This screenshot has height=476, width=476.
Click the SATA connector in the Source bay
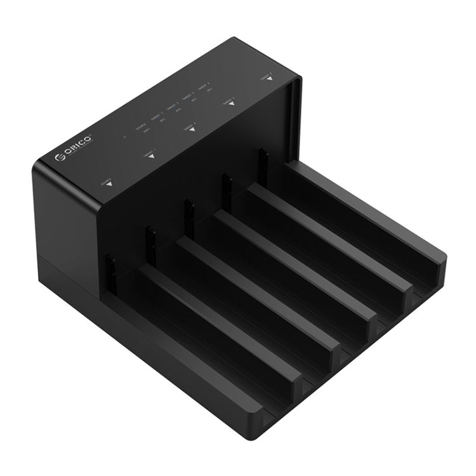coord(110,272)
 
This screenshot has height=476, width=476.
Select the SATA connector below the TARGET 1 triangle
coord(150,244)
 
